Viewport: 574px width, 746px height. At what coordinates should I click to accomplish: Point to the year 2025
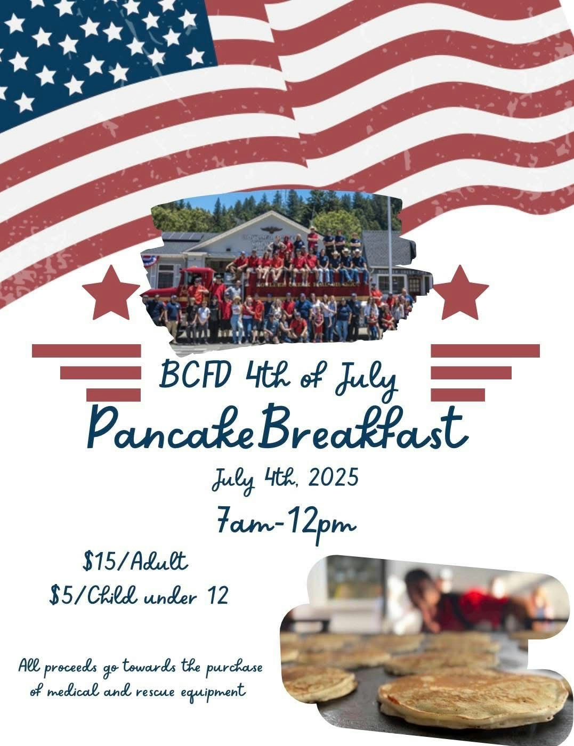[x=333, y=478]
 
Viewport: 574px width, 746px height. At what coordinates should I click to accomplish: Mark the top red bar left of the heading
[x=86, y=351]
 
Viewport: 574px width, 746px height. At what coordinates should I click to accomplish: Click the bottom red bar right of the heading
[x=458, y=394]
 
